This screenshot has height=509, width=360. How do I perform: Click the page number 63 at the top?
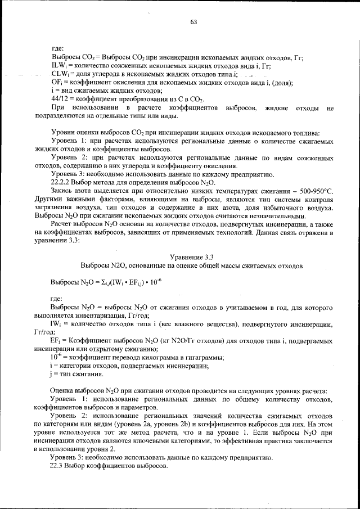click(x=193, y=22)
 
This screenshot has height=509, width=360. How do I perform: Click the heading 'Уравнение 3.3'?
click(x=192, y=256)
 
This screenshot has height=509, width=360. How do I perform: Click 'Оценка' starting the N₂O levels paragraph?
click(x=62, y=391)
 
